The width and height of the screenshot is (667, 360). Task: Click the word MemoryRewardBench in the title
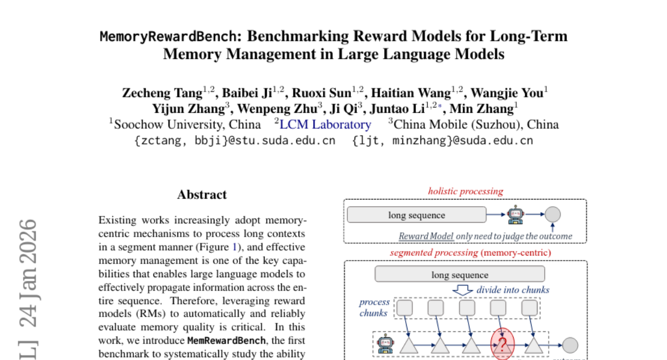tap(170, 37)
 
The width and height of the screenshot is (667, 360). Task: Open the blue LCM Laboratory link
tap(325, 124)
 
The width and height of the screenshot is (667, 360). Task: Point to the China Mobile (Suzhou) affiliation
tap(476, 124)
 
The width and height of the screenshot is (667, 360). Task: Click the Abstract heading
tap(202, 194)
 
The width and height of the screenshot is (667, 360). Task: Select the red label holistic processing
tap(465, 191)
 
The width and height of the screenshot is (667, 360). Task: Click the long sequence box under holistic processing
tap(416, 215)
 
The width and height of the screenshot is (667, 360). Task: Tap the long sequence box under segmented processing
tap(460, 274)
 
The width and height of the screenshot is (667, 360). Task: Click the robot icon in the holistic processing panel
tap(515, 214)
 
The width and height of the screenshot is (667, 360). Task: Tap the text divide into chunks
tap(512, 290)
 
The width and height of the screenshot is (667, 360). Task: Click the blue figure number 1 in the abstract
tap(234, 247)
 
